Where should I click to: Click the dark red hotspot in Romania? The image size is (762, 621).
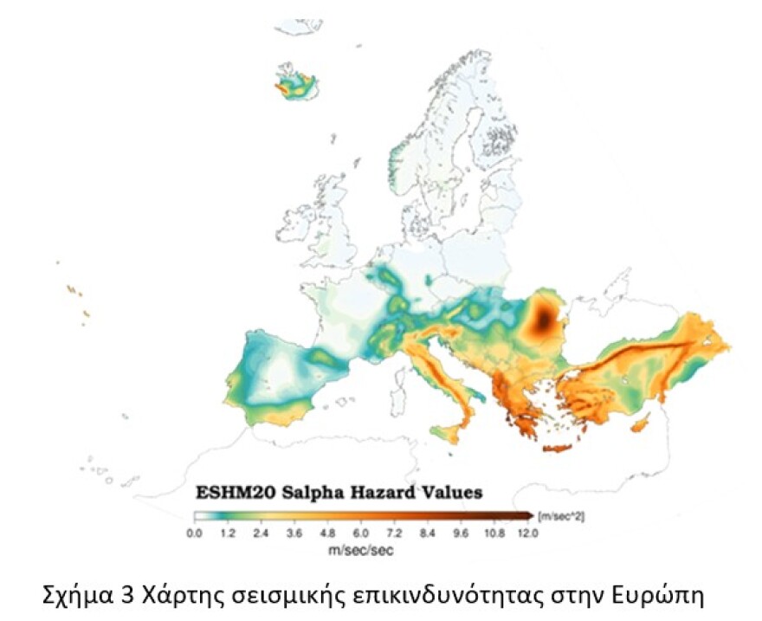tap(543, 321)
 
